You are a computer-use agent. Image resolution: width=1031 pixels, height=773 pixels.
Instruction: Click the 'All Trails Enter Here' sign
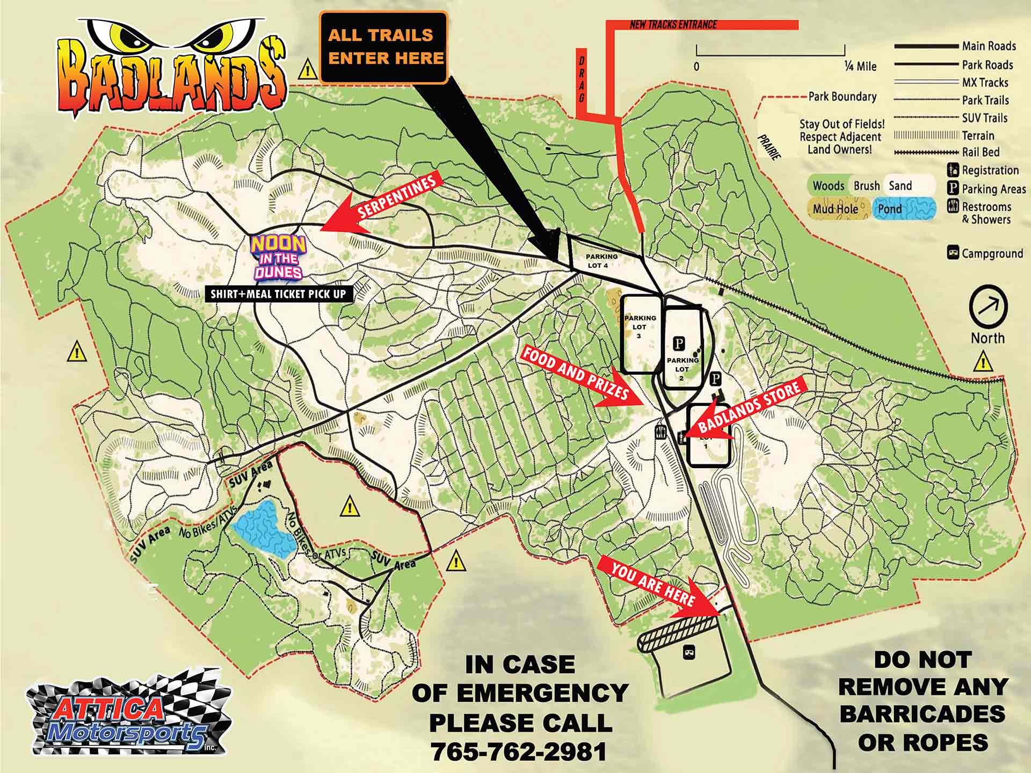(x=383, y=47)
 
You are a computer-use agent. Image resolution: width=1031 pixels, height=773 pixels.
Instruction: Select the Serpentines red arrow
(x=384, y=204)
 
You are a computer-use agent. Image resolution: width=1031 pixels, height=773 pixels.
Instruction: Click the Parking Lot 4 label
(x=602, y=261)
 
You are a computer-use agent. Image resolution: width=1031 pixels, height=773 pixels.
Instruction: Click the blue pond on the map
(x=263, y=529)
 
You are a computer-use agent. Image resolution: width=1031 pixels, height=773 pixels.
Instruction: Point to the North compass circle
(x=988, y=307)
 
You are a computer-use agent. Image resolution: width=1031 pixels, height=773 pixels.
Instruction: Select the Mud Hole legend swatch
(x=837, y=209)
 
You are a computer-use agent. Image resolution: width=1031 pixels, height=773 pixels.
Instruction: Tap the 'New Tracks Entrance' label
(x=673, y=25)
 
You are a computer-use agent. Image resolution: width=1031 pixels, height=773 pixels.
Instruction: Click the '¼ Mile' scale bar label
(x=860, y=67)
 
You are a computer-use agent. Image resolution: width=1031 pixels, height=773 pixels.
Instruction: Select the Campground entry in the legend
(x=986, y=253)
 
